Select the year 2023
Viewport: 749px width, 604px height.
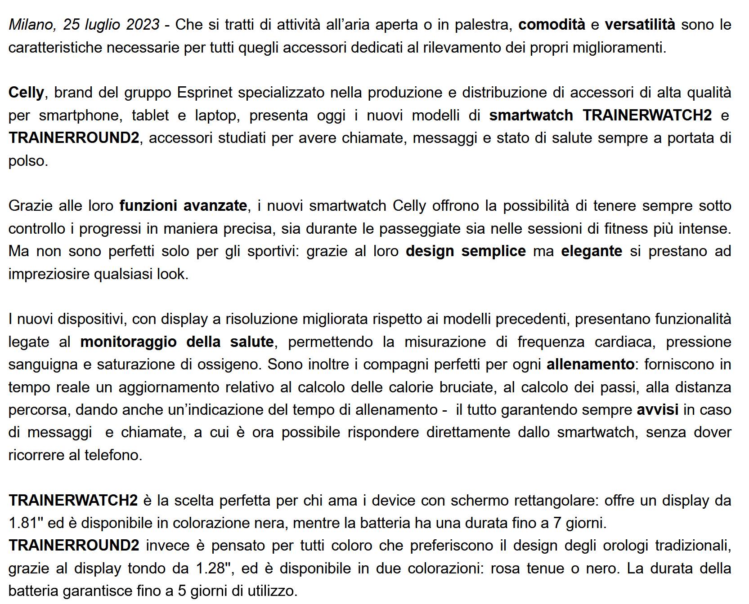tap(142, 25)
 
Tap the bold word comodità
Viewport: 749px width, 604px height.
tap(552, 25)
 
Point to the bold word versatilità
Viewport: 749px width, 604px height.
tap(640, 25)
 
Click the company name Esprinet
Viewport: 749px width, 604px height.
tap(205, 93)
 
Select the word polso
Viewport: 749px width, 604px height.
tap(28, 161)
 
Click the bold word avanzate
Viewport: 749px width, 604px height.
tap(215, 206)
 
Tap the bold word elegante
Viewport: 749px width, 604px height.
tap(592, 251)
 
